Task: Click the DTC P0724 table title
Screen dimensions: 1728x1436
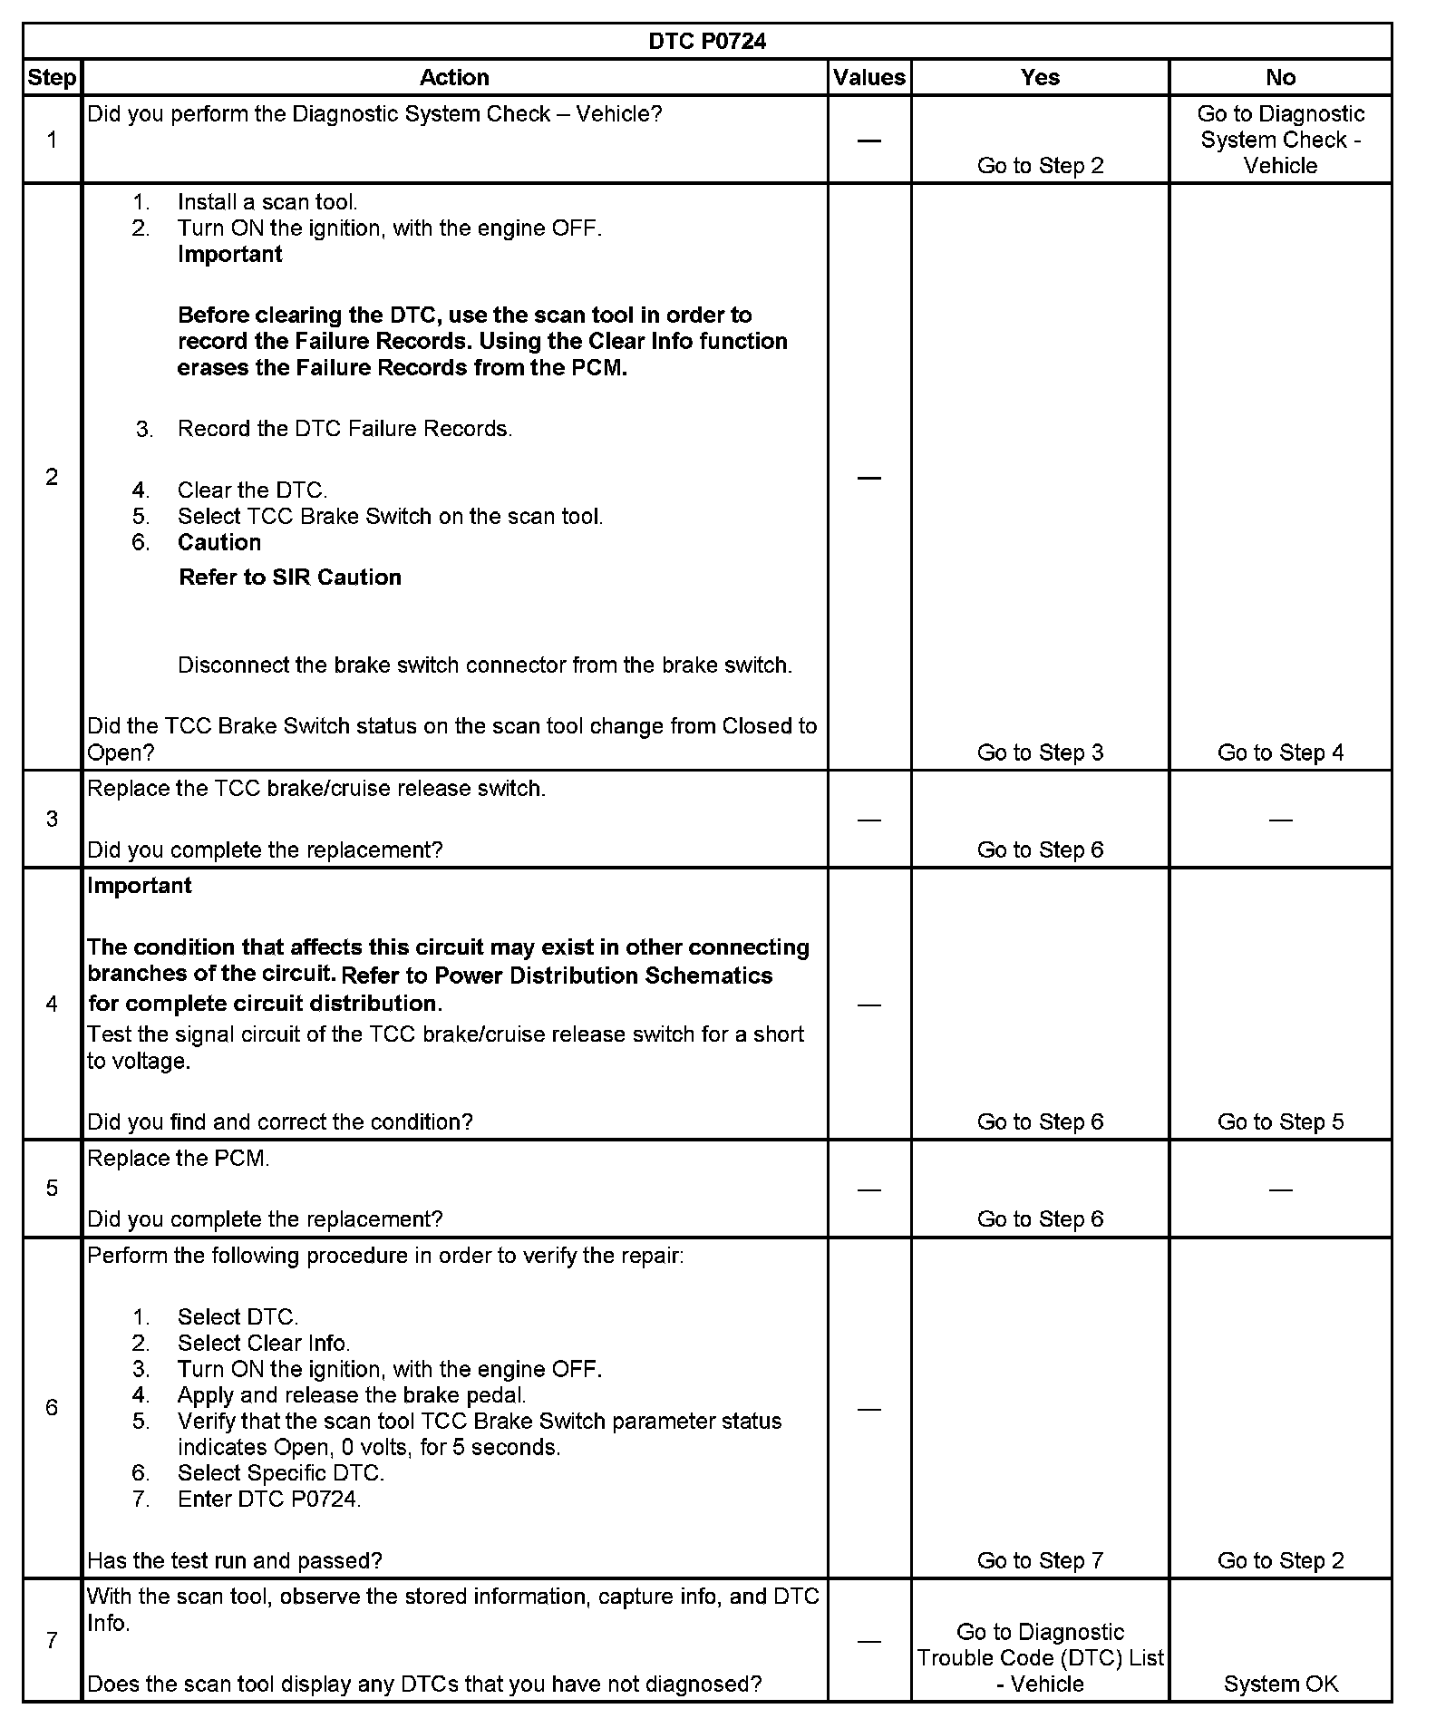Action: click(x=707, y=42)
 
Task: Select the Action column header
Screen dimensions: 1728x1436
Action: click(x=454, y=78)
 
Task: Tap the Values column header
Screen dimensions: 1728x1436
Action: click(x=868, y=78)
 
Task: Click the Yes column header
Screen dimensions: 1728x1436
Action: click(x=1040, y=78)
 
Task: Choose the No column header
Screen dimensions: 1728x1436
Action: click(x=1280, y=78)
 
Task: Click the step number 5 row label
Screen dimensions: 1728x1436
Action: click(x=52, y=1189)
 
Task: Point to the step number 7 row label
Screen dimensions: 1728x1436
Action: click(x=52, y=1640)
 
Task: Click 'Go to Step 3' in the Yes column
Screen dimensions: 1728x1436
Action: click(x=1040, y=752)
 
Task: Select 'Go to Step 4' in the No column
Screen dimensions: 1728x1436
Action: click(x=1280, y=752)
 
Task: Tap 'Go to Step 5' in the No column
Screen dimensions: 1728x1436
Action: click(x=1280, y=1121)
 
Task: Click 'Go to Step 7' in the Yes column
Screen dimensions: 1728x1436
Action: click(x=1040, y=1560)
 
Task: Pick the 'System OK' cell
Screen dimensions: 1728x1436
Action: click(x=1280, y=1684)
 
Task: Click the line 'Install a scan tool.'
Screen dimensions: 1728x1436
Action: click(x=267, y=202)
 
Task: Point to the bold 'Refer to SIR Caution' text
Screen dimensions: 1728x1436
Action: click(x=290, y=578)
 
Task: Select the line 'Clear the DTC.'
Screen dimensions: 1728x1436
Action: click(x=252, y=490)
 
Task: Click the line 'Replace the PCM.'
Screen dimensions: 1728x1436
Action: click(x=179, y=1159)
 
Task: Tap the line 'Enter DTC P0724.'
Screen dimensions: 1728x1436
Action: click(x=269, y=1499)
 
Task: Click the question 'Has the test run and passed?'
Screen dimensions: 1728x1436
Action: click(x=235, y=1560)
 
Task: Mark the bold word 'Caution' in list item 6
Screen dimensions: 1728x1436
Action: click(x=219, y=542)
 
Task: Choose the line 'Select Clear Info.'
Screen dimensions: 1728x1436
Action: click(x=264, y=1343)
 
